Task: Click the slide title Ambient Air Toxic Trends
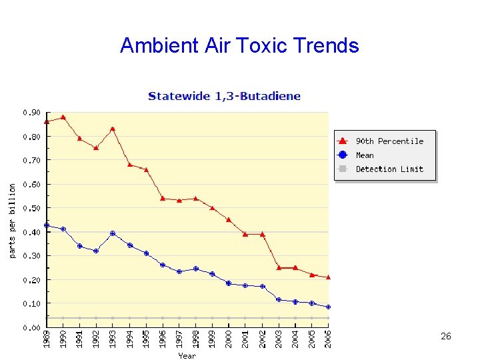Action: (239, 45)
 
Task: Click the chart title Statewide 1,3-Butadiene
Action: (224, 96)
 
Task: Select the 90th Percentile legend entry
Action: (389, 141)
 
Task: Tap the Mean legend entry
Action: (365, 155)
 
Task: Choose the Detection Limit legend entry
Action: (389, 169)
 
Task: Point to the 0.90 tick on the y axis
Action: (31, 113)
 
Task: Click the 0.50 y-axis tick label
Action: (31, 208)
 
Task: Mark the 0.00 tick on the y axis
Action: (31, 327)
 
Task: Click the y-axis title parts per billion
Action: (12, 221)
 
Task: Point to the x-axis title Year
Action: (187, 355)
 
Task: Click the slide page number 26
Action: (446, 337)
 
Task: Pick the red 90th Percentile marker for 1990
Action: (63, 117)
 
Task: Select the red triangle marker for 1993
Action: (113, 129)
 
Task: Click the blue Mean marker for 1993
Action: (113, 233)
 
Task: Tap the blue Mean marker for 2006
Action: (328, 307)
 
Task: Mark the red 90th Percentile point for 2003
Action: (279, 267)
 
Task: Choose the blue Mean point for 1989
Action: (47, 225)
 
